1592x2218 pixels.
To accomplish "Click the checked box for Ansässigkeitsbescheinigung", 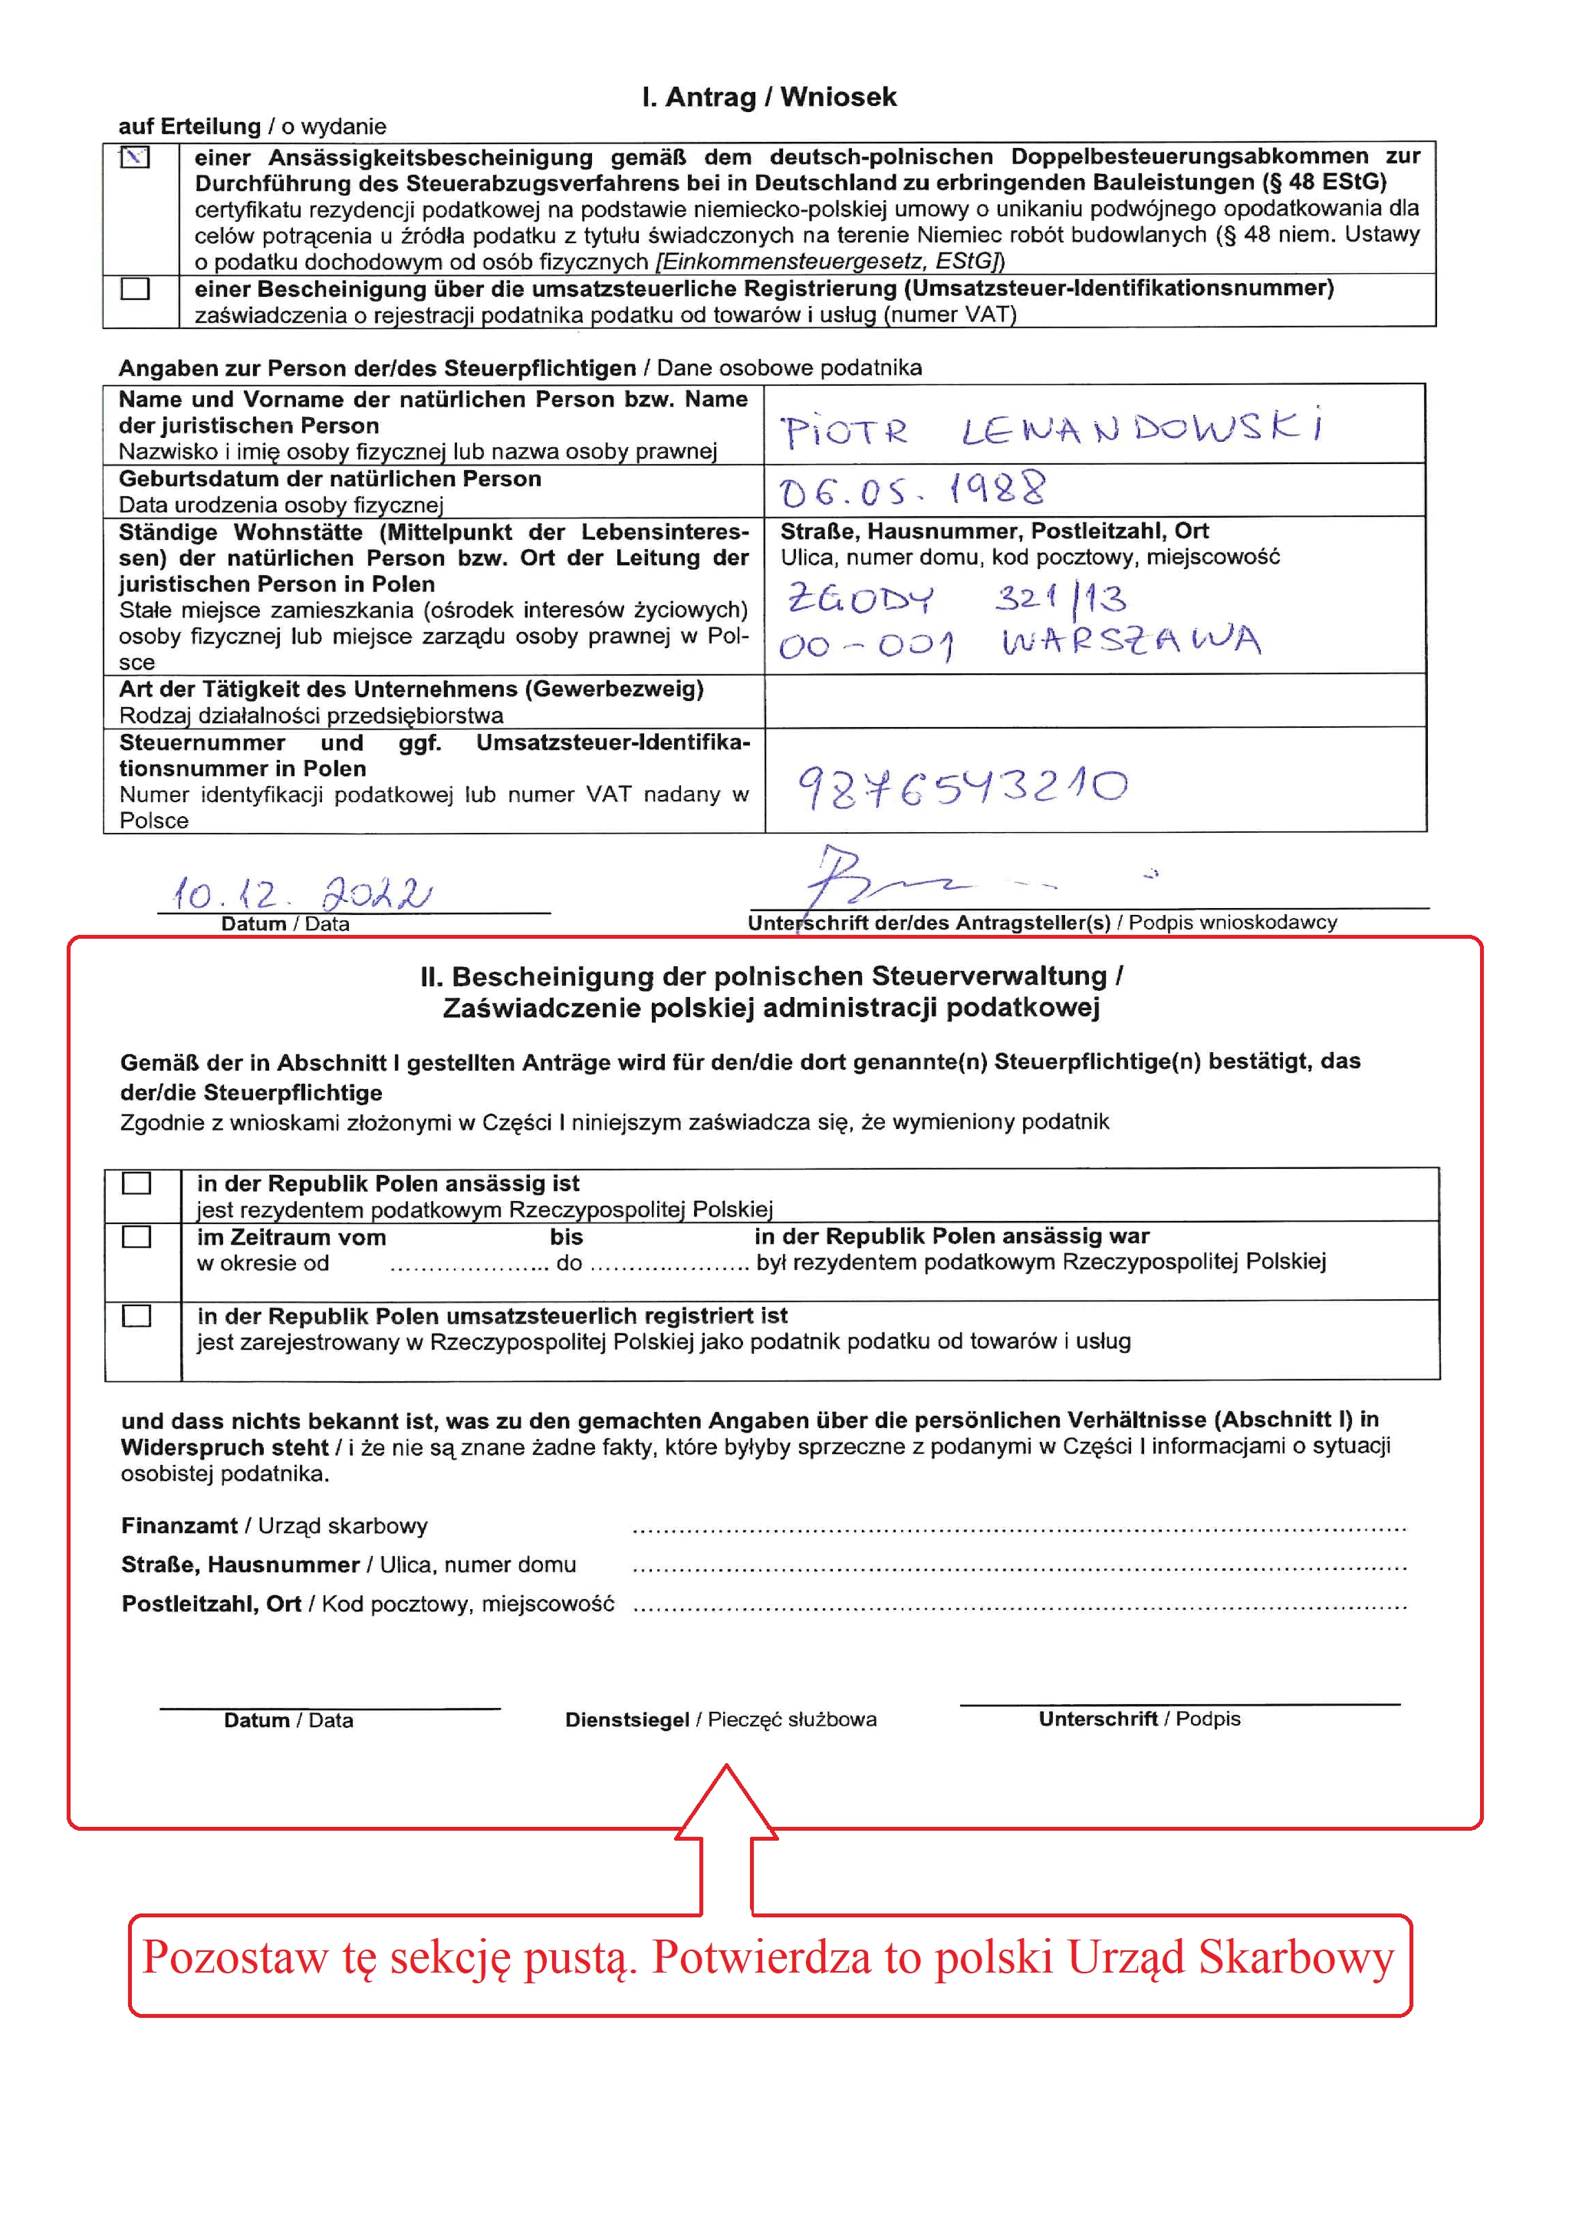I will pyautogui.click(x=135, y=156).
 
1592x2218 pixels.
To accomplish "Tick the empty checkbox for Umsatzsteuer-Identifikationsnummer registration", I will pyautogui.click(x=135, y=288).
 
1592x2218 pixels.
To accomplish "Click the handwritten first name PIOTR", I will pyautogui.click(x=844, y=431).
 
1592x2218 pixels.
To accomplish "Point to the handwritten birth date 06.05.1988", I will pyautogui.click(x=911, y=489).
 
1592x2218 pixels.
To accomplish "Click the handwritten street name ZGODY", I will pyautogui.click(x=860, y=597).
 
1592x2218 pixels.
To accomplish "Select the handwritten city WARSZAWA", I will pyautogui.click(x=1130, y=640).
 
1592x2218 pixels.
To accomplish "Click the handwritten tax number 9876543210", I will pyautogui.click(x=962, y=787).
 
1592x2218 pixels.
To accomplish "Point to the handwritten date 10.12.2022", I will pyautogui.click(x=300, y=892).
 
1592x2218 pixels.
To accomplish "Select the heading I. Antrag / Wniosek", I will pyautogui.click(x=768, y=97).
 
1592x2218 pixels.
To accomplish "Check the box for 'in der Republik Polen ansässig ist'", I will pyautogui.click(x=136, y=1183).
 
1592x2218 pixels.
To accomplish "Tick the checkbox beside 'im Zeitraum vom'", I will pyautogui.click(x=136, y=1237).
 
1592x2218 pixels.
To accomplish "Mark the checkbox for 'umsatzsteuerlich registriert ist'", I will pyautogui.click(x=136, y=1315).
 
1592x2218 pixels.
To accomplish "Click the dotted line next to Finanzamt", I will pyautogui.click(x=1018, y=1528).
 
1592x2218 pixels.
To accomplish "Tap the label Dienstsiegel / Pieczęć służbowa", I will pyautogui.click(x=721, y=1719).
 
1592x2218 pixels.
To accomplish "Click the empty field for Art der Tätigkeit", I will pyautogui.click(x=1094, y=700).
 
